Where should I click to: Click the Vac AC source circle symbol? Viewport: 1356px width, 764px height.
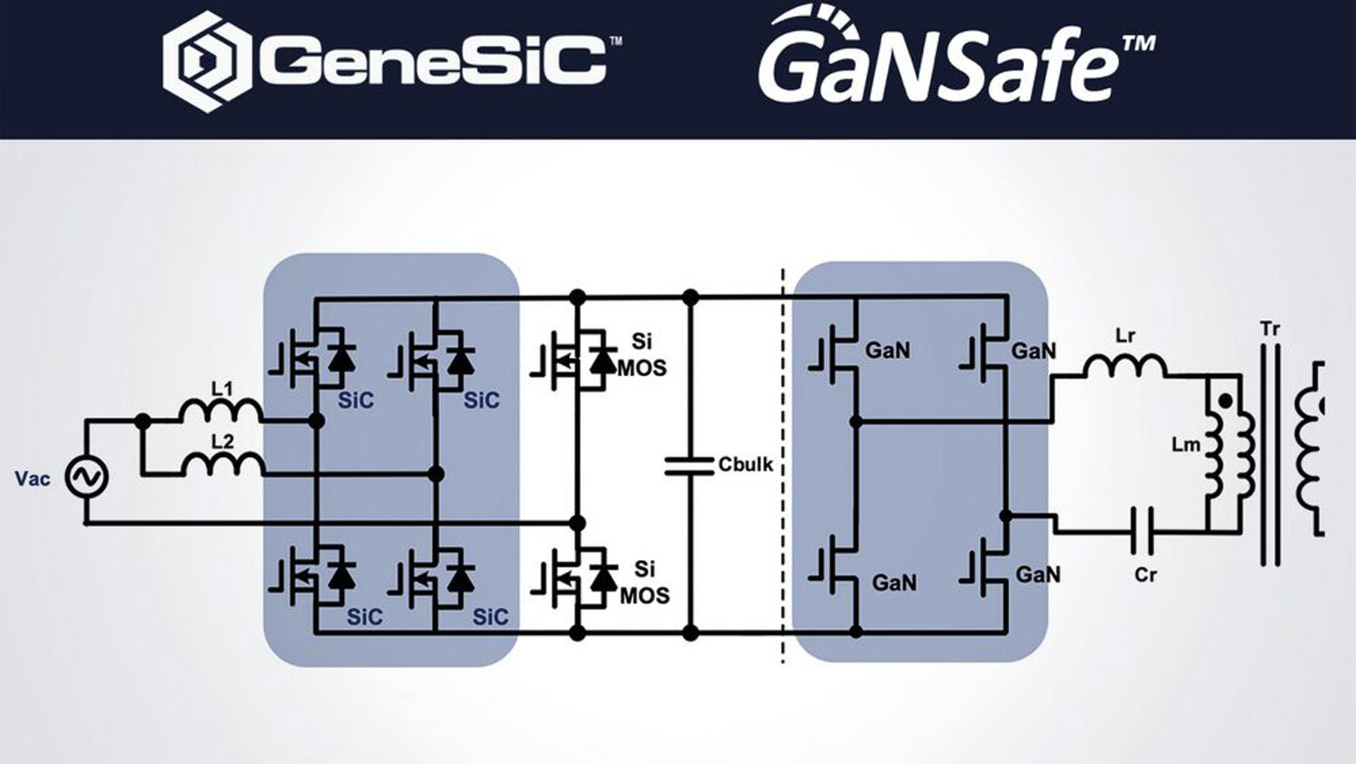pos(87,477)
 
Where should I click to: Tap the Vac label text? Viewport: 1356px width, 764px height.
pos(33,478)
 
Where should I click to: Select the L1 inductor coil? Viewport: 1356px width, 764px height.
pos(221,412)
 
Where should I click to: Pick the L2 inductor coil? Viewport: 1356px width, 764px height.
pos(223,465)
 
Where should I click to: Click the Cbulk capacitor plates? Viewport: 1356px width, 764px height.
pos(689,466)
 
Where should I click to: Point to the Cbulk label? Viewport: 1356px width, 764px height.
pos(746,465)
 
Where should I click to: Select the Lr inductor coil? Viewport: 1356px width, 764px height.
pos(1125,366)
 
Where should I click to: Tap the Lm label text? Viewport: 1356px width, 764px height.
pos(1185,445)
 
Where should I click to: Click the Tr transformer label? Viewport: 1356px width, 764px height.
pos(1270,329)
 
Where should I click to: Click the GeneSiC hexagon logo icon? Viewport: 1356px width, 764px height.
pos(207,61)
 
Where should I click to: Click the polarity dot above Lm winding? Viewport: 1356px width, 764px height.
pos(1225,402)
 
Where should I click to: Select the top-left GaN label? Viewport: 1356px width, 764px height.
pos(887,351)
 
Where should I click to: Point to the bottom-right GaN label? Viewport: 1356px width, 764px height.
pos(1038,575)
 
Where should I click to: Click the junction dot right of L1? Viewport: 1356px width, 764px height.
pos(316,421)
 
